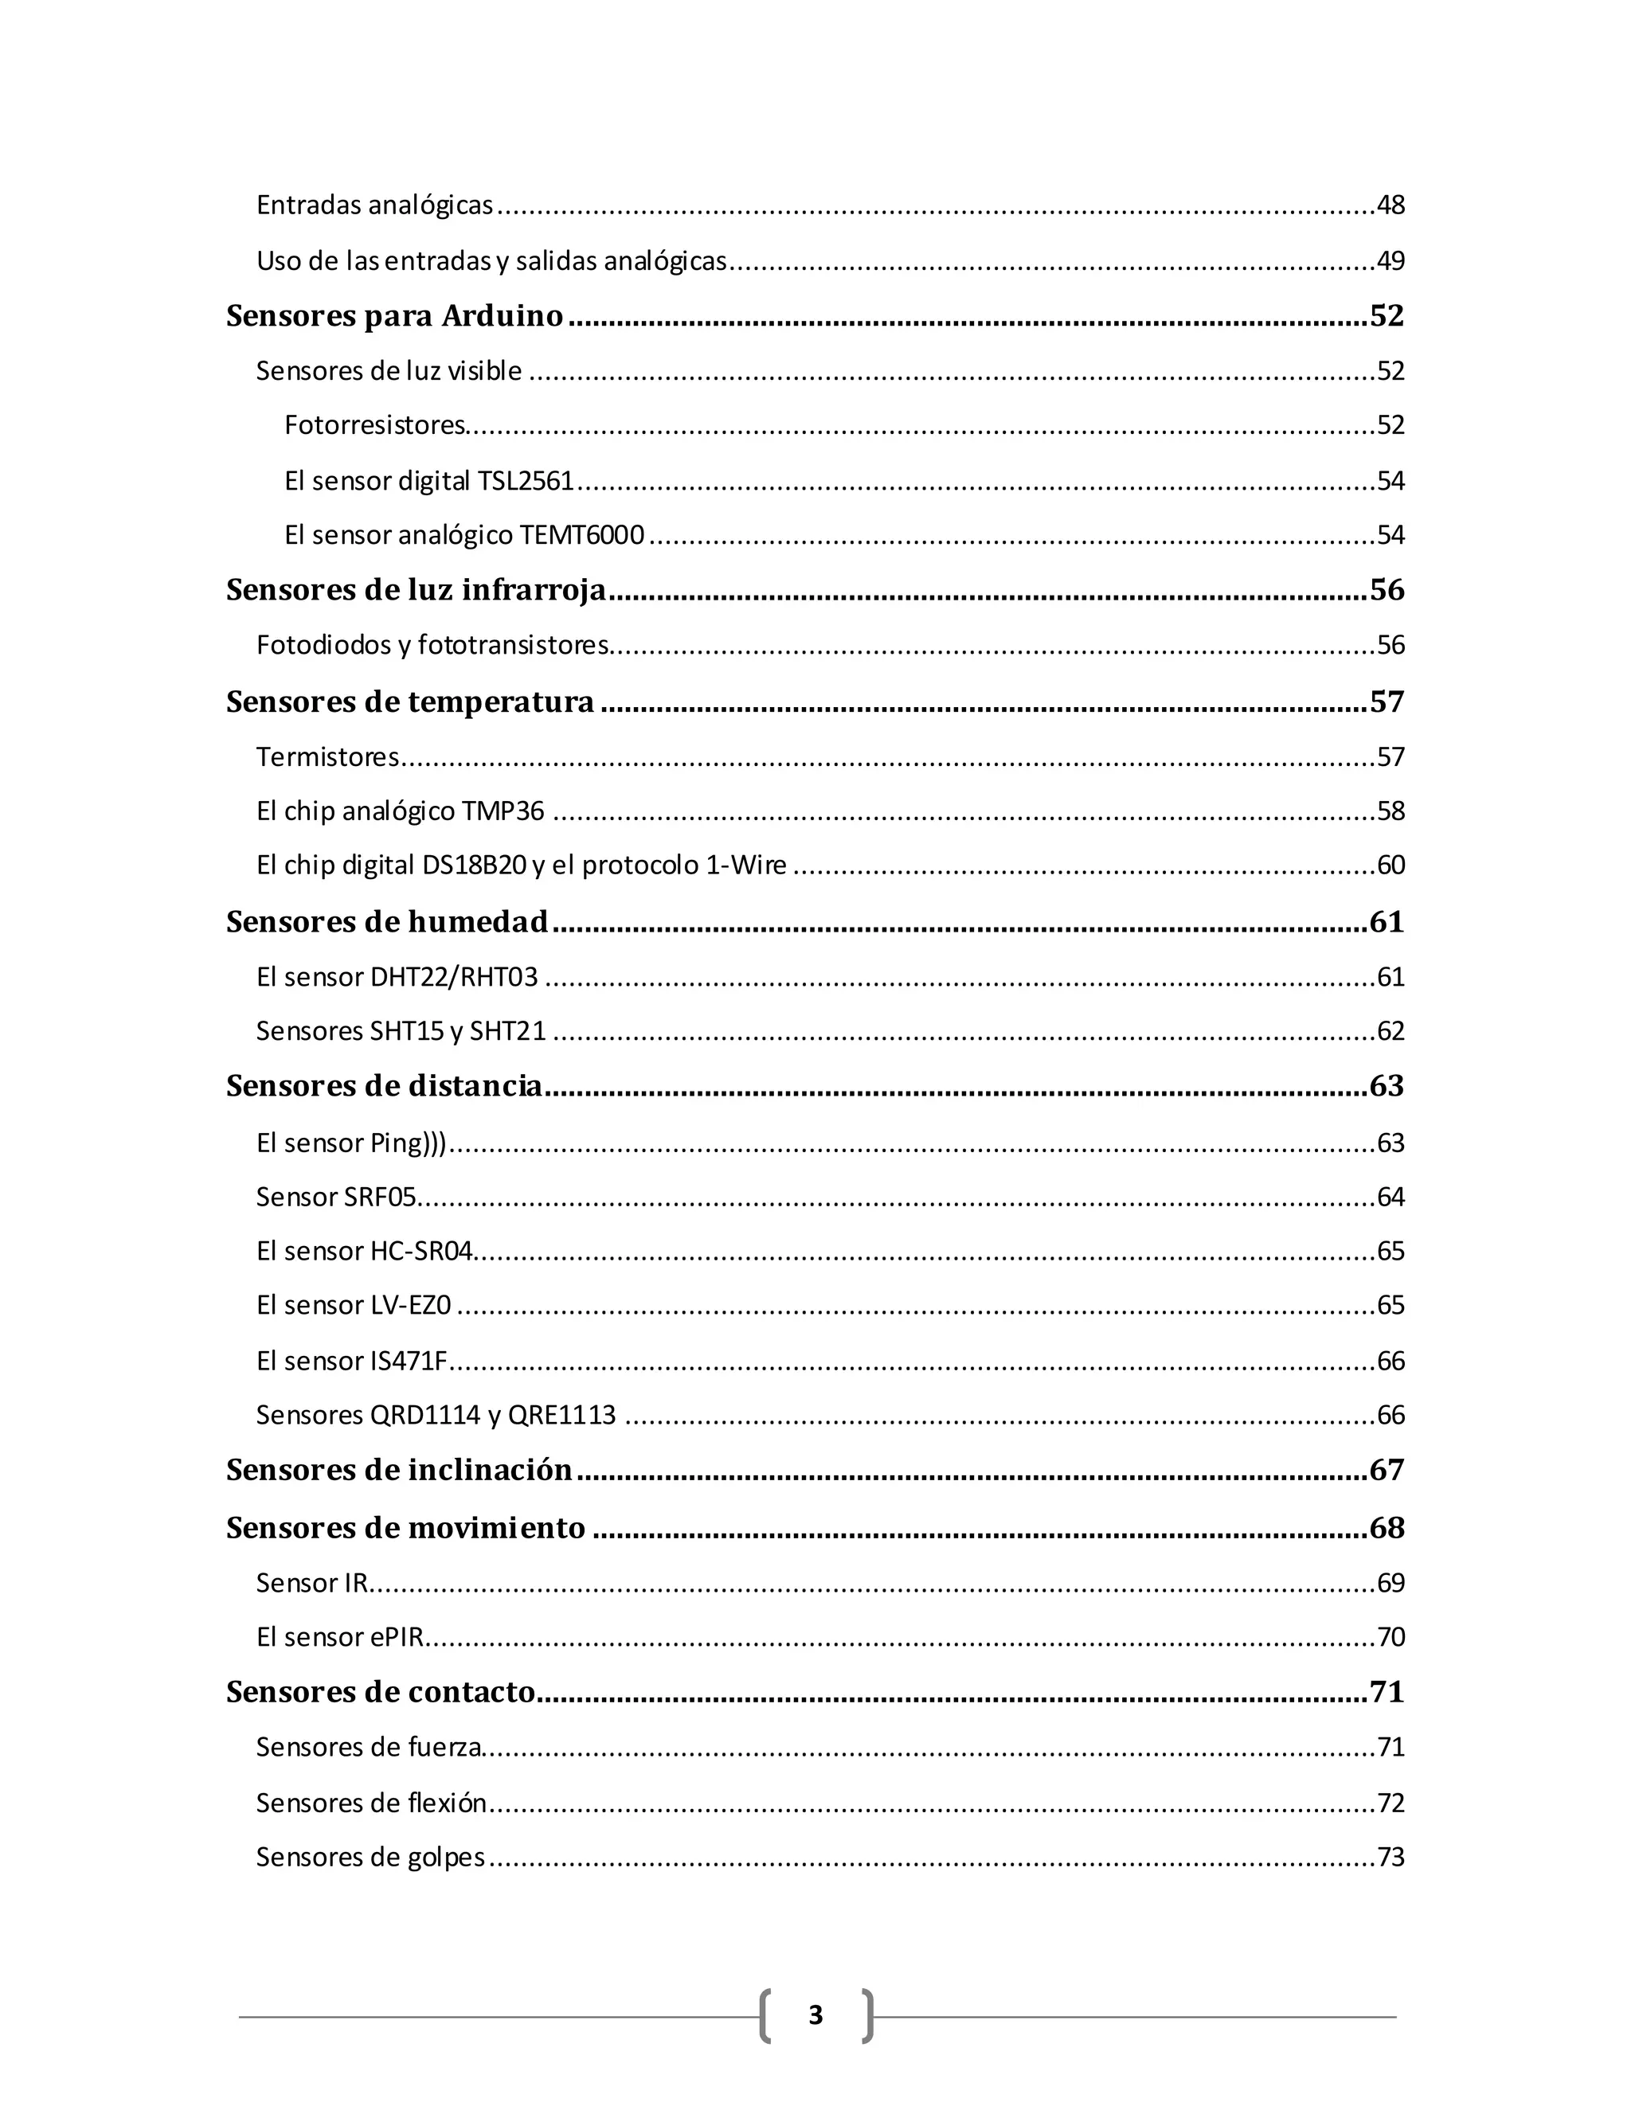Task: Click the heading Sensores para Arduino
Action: point(394,316)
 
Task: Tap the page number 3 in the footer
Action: point(815,2014)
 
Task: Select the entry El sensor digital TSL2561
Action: point(429,481)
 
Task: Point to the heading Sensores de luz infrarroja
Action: point(416,589)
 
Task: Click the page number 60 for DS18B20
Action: point(1390,865)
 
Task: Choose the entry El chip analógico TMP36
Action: point(400,811)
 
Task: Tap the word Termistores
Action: point(327,756)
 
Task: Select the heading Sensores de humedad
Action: point(386,922)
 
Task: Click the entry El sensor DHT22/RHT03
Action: point(396,977)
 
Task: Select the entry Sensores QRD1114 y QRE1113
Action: point(436,1416)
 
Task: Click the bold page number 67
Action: point(1387,1470)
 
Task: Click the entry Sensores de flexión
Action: point(371,1803)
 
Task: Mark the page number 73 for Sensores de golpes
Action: point(1390,1857)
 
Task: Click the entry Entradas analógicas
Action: point(375,205)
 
